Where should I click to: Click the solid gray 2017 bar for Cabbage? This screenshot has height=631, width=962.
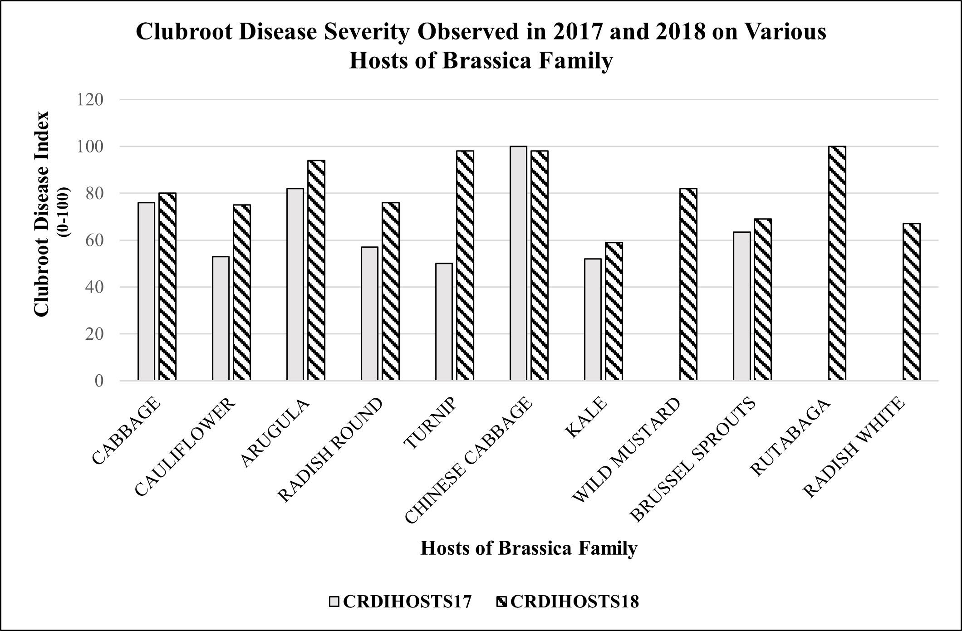[146, 291]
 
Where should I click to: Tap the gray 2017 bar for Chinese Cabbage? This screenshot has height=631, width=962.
[518, 263]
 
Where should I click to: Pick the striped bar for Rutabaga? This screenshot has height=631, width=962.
[837, 263]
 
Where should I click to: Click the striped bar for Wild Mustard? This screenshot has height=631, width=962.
[688, 284]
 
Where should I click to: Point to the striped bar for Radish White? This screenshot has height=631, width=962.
[912, 302]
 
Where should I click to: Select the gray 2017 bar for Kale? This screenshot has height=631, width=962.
[593, 319]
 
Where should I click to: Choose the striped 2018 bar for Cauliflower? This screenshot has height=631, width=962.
[242, 293]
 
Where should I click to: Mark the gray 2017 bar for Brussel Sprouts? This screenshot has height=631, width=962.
[741, 306]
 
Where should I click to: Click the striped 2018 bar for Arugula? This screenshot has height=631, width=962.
[316, 270]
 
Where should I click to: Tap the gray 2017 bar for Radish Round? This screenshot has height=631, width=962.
[369, 313]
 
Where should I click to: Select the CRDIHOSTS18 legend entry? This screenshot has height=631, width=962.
[567, 602]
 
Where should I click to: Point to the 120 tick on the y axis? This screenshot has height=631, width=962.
[90, 99]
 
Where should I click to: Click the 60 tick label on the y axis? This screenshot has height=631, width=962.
[94, 240]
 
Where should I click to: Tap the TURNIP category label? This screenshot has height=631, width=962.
[432, 423]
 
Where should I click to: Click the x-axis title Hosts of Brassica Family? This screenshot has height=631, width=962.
[529, 548]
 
